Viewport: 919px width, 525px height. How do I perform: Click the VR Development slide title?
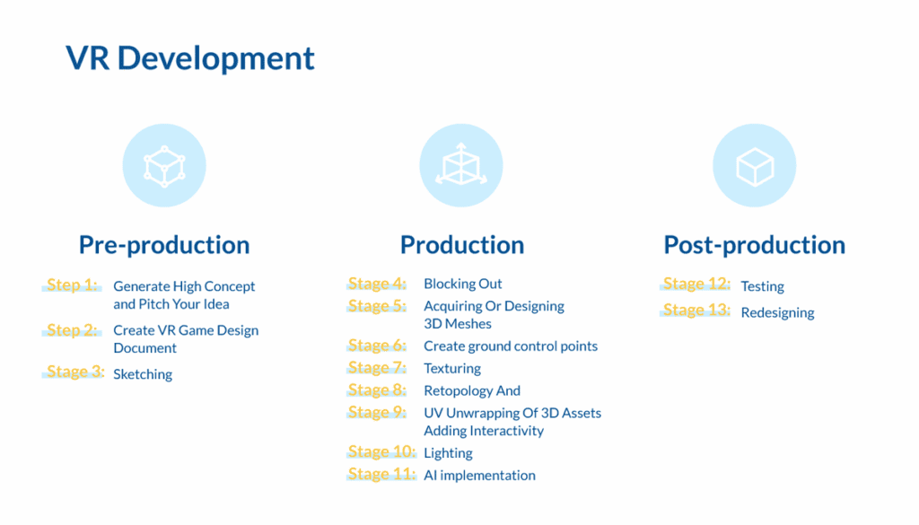[x=190, y=58]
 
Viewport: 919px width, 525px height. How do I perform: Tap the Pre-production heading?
[x=164, y=245]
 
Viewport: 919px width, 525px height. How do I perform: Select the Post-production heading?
[x=754, y=245]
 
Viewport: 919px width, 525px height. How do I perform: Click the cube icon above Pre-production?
[x=164, y=165]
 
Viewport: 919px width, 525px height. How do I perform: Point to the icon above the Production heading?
[x=460, y=165]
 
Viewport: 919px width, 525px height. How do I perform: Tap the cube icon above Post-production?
[x=754, y=165]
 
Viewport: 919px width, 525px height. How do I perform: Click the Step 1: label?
[x=73, y=285]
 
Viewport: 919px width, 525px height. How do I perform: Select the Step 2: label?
[x=73, y=330]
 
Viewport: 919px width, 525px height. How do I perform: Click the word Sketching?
[x=143, y=374]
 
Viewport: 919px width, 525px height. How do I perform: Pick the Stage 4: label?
[x=378, y=284]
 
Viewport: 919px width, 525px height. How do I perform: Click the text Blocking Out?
[x=463, y=284]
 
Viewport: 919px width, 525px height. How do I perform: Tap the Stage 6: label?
[x=378, y=346]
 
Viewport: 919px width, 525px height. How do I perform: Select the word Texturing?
[x=452, y=368]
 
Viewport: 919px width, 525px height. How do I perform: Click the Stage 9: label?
[x=378, y=413]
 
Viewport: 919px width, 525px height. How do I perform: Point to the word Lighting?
[x=448, y=453]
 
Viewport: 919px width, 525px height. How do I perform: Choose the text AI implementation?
[x=479, y=476]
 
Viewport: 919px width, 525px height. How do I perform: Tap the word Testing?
[x=762, y=286]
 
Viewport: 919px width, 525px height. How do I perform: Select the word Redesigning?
[x=777, y=312]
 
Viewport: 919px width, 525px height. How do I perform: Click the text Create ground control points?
[x=511, y=346]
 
